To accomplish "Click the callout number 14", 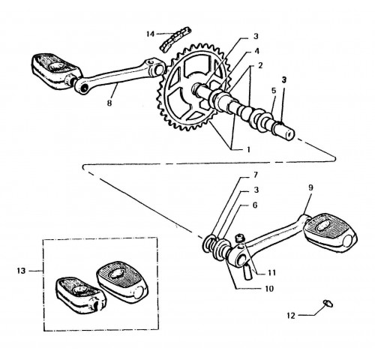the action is tap(151, 34).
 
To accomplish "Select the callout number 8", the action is tap(109, 103).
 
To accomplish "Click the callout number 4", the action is tap(256, 51).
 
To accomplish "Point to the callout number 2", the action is tap(260, 66).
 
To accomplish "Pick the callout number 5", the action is tap(274, 91).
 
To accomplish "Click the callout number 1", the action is tap(248, 149).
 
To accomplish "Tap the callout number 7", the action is tap(256, 175).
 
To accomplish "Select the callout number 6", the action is tap(255, 205).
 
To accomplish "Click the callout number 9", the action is tap(310, 187).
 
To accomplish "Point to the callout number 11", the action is tap(271, 272).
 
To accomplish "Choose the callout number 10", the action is tap(269, 289).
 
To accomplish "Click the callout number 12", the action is tap(291, 316).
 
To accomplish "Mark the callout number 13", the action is tap(21, 271).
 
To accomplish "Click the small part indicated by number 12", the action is tap(328, 303).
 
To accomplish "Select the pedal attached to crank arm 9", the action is tap(331, 232).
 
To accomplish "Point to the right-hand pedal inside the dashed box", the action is tap(122, 280).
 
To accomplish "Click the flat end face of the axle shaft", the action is tap(290, 135).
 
